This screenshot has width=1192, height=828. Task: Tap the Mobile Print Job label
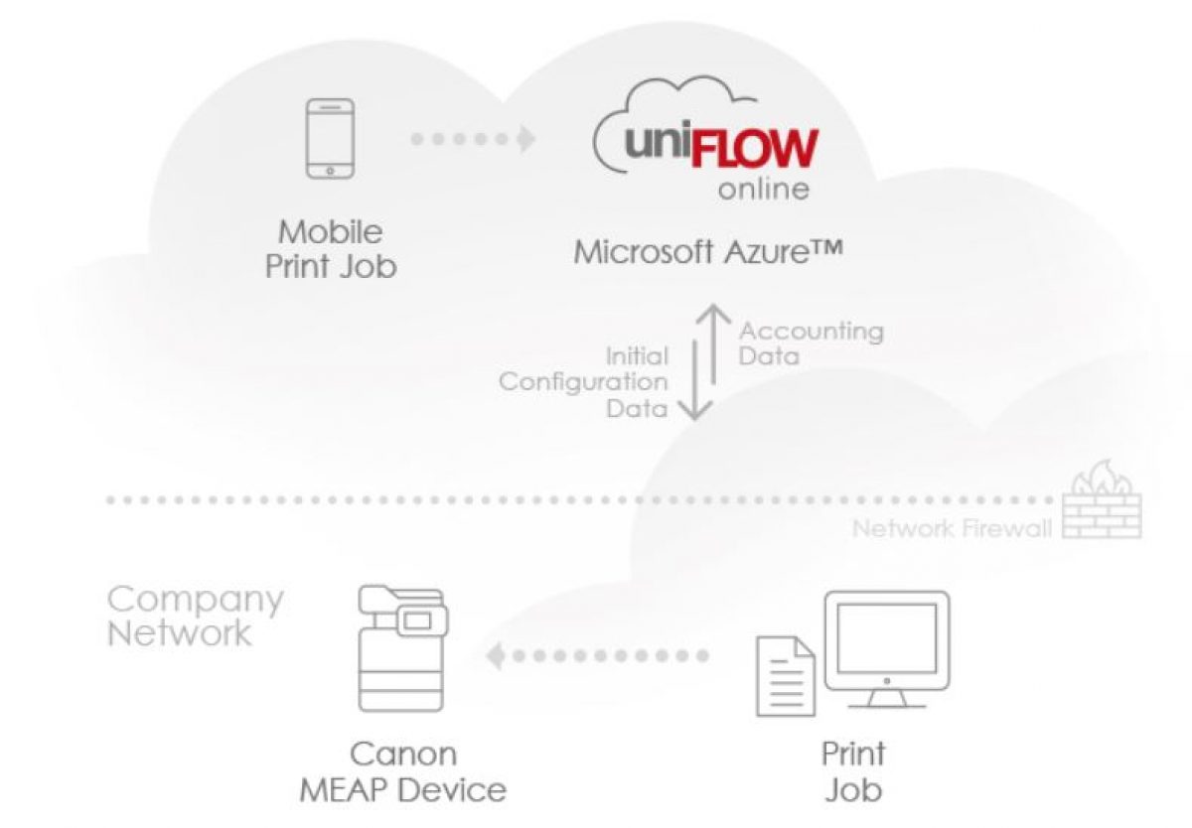point(330,249)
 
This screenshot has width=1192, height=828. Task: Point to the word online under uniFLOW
point(763,190)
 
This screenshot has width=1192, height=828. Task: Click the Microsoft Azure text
point(708,250)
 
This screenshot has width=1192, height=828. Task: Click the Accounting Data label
point(811,343)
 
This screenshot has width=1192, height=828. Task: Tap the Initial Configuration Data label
point(584,381)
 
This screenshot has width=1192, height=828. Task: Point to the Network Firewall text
point(951,528)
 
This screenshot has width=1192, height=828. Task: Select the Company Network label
point(195,616)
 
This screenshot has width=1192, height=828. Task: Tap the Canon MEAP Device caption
point(403,771)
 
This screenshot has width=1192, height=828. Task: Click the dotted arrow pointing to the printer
point(597,655)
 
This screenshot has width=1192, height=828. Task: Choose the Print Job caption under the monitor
point(853,771)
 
